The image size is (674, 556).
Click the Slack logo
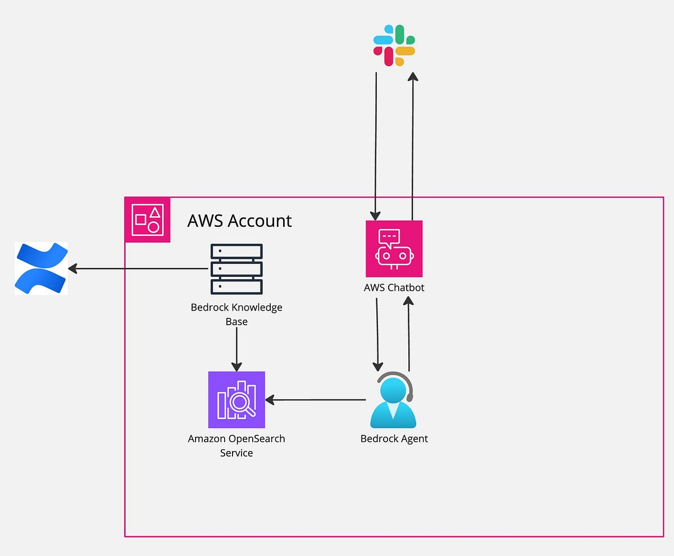click(394, 45)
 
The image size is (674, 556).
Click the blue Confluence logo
click(41, 268)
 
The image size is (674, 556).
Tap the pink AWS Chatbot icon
click(394, 248)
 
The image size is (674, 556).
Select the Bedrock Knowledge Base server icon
click(236, 269)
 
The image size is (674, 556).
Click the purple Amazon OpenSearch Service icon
click(236, 400)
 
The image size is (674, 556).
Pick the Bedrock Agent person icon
click(393, 402)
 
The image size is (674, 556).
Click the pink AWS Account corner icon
click(147, 220)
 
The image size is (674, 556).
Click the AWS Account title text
click(239, 221)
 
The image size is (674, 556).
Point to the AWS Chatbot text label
click(394, 288)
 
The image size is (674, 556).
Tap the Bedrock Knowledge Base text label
click(236, 315)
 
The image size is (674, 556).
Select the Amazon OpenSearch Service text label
click(236, 445)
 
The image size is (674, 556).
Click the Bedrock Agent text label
click(394, 439)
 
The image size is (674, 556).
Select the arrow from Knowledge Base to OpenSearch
click(236, 348)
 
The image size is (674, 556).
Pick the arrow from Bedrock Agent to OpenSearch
click(315, 400)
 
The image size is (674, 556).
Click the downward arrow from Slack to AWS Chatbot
click(376, 146)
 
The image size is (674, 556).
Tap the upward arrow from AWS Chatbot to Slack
click(413, 146)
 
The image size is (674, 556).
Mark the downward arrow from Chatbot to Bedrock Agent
click(377, 334)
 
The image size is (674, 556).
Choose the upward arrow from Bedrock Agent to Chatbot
click(409, 334)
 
